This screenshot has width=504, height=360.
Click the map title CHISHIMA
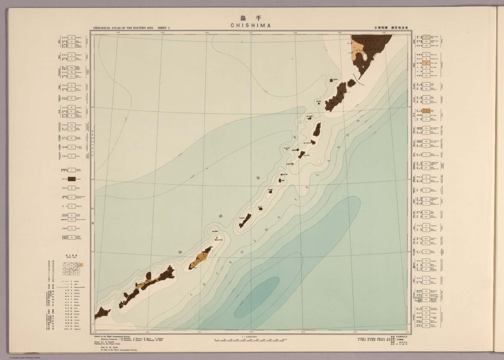[251, 26]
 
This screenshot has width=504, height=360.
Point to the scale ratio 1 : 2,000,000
[251, 336]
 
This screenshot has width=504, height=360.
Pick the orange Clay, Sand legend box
[426, 63]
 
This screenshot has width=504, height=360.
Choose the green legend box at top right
[426, 38]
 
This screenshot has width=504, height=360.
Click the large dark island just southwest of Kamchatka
[336, 97]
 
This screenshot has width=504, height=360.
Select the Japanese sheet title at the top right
[392, 28]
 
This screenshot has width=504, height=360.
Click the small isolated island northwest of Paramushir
[334, 80]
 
